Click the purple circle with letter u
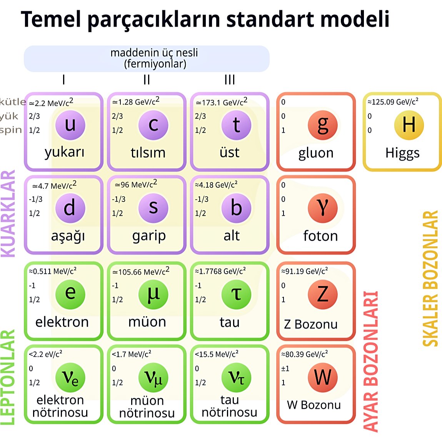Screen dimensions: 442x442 tap(70, 125)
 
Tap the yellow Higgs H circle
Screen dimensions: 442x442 tap(409, 125)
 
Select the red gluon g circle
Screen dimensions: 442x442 tap(323, 125)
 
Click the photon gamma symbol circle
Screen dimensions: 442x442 tap(323, 208)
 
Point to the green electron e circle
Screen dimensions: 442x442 tap(70, 294)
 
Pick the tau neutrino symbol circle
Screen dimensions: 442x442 tap(236, 378)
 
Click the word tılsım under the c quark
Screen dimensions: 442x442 tap(148, 153)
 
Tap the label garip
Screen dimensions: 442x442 tap(149, 235)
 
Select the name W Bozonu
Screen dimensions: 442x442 tap(314, 405)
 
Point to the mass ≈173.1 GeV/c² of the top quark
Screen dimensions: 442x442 tap(221, 102)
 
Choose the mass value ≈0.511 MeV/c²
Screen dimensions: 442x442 tap(52, 271)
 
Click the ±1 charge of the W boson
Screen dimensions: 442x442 tap(285, 369)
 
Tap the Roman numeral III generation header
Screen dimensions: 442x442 tap(230, 80)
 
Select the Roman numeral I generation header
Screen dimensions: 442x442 tap(63, 80)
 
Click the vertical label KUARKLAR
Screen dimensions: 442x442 tap(8, 213)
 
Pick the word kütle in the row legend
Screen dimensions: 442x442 tap(13, 102)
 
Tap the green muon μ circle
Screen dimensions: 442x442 tap(153, 294)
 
